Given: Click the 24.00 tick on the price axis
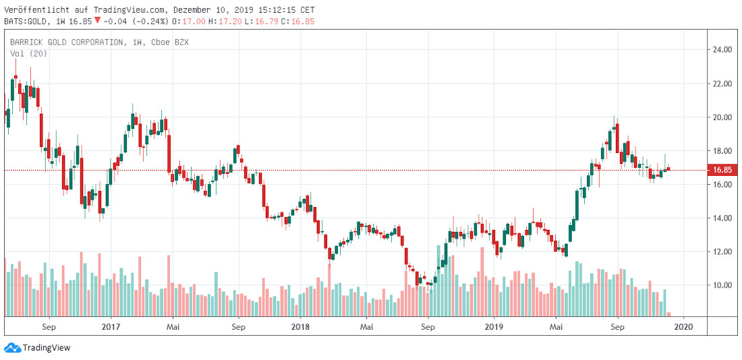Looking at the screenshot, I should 722,50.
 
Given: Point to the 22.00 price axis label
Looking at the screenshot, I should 722,84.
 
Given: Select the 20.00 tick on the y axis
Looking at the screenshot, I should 722,117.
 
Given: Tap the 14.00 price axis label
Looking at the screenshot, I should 722,218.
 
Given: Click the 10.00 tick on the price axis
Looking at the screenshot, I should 722,285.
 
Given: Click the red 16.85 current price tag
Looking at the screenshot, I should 723,170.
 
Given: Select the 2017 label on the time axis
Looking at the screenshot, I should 111,327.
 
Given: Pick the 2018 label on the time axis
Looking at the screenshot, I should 300,327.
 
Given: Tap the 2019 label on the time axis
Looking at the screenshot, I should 494,327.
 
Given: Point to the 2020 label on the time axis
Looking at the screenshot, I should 683,327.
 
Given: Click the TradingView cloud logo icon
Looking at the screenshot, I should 11,348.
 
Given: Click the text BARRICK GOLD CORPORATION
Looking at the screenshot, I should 66,42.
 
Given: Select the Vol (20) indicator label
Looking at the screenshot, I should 24,53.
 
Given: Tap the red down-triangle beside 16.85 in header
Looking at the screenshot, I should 98,20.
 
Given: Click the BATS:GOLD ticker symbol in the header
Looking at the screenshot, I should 27,22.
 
